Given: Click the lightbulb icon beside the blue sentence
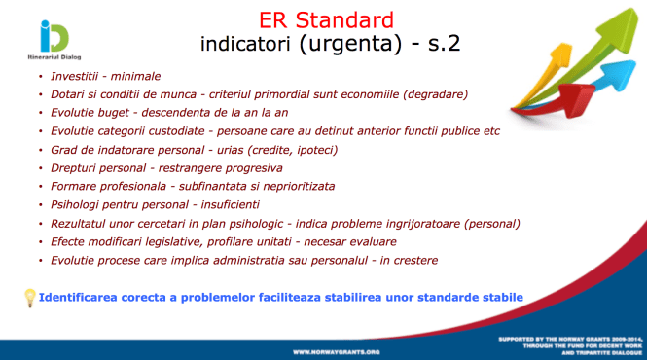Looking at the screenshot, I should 29,296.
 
